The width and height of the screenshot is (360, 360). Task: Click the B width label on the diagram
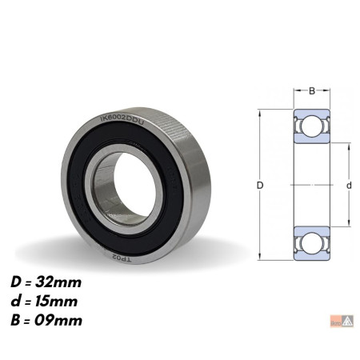point(311,90)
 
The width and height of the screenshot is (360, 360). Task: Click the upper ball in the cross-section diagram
point(311,126)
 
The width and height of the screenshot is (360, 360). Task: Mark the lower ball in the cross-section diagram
point(311,242)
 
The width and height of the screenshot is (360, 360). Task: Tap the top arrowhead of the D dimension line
point(261,111)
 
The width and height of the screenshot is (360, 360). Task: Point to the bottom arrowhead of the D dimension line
point(261,257)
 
